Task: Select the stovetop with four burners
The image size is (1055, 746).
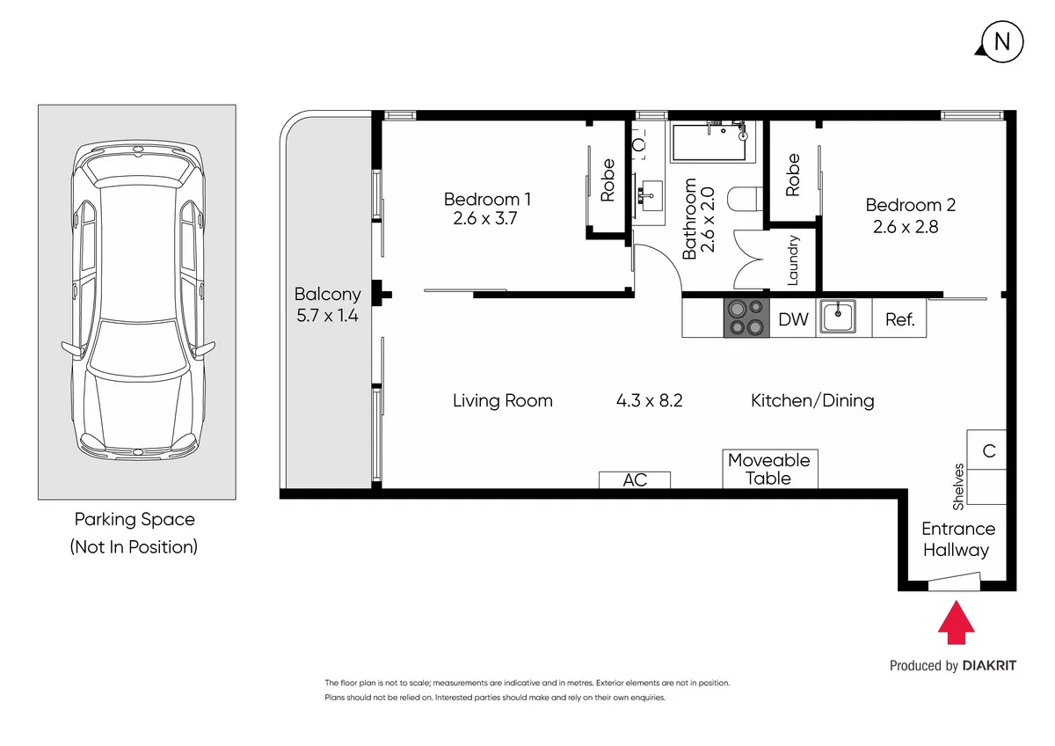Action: (x=746, y=318)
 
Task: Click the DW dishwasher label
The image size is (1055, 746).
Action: (x=793, y=319)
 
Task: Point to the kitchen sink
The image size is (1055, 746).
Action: (x=838, y=317)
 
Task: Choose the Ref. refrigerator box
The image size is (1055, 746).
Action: (x=899, y=319)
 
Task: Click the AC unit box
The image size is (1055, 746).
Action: (x=635, y=479)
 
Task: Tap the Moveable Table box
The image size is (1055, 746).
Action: (x=769, y=469)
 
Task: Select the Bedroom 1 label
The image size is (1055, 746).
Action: (x=486, y=199)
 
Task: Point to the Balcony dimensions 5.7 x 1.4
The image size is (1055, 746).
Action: (x=326, y=315)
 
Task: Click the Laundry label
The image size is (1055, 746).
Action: (x=792, y=260)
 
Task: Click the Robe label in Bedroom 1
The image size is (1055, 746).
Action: (x=608, y=180)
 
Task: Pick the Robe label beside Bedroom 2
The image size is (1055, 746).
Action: (x=793, y=175)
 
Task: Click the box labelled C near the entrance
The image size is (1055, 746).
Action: (x=988, y=450)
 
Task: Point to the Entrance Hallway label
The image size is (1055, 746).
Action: (x=957, y=539)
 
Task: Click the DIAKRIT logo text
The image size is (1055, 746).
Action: (x=989, y=666)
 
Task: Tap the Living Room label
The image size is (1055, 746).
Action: (x=502, y=401)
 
